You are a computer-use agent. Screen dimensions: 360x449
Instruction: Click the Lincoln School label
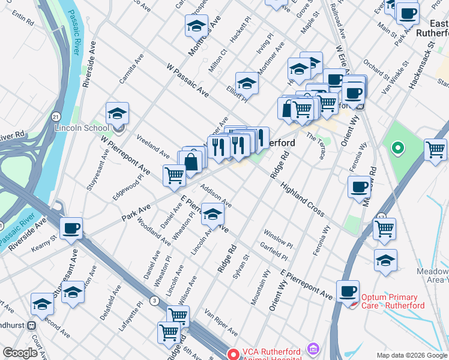(82, 128)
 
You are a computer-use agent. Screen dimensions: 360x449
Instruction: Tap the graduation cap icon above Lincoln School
(118, 112)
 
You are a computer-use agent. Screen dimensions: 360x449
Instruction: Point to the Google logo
(20, 353)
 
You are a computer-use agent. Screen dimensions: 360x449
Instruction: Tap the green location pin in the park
(397, 147)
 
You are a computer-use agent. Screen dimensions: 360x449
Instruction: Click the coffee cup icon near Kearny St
(71, 227)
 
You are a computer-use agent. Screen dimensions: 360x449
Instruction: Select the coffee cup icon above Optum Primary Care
(348, 291)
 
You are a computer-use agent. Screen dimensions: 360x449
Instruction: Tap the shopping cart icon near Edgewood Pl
(174, 175)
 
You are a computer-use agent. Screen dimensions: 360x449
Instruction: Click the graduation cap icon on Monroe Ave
(196, 25)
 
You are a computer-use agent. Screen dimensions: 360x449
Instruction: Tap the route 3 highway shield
(155, 300)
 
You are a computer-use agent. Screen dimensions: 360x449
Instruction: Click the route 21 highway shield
(55, 116)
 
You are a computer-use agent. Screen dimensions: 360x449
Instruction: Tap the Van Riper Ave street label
(221, 323)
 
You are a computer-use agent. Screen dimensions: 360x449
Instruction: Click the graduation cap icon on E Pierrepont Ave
(213, 214)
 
